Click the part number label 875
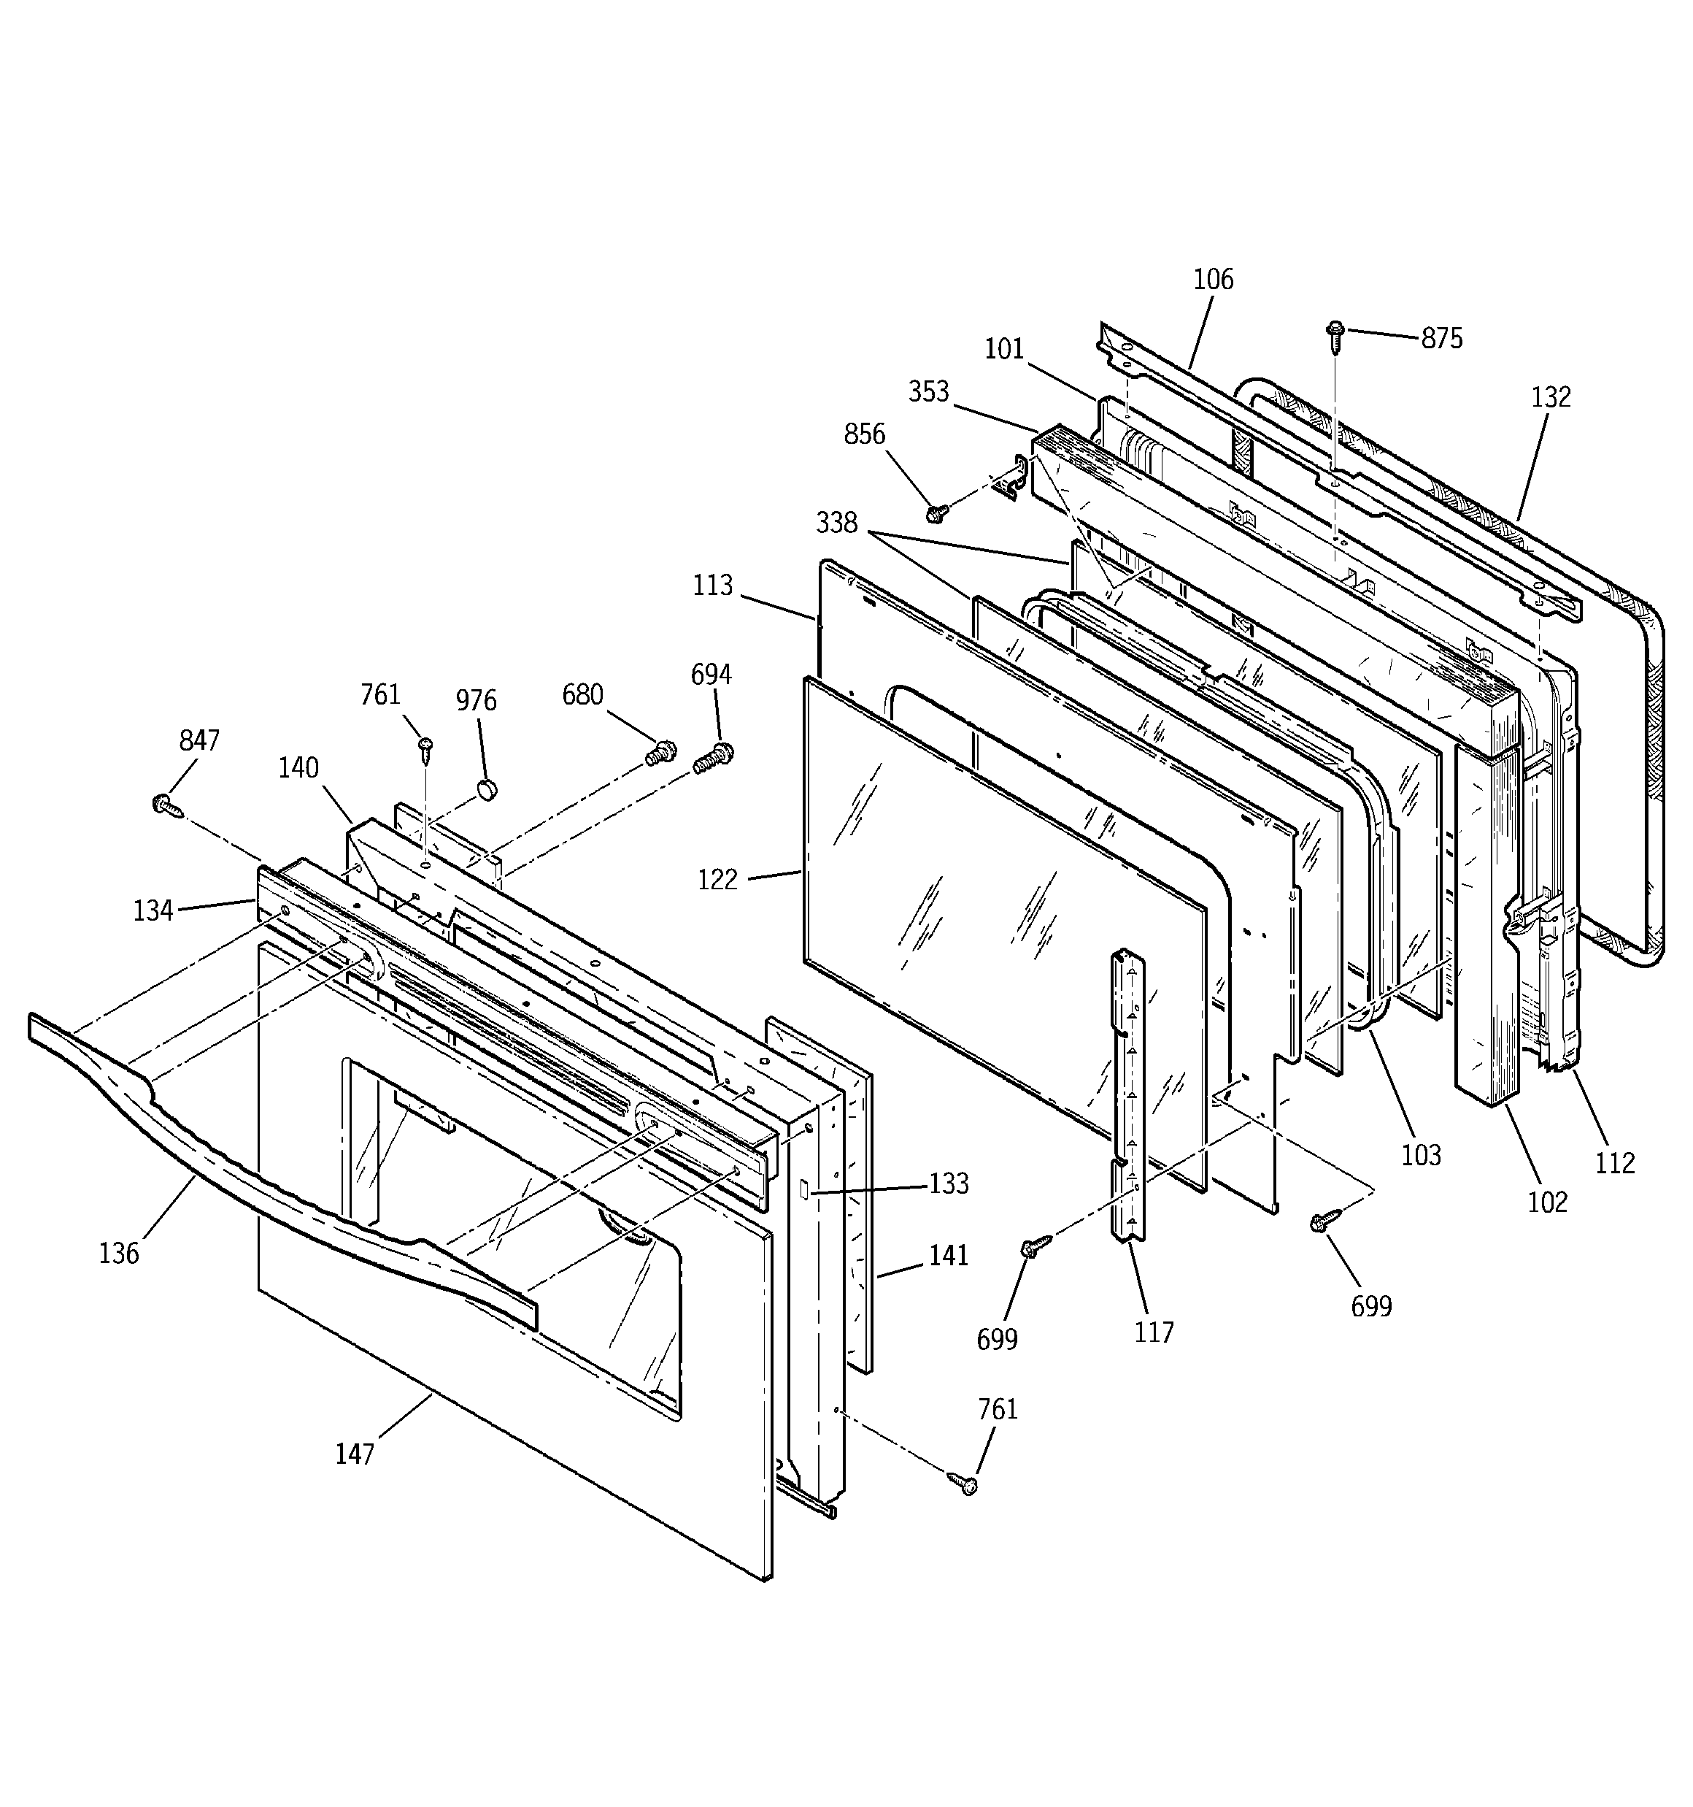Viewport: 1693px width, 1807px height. [1442, 339]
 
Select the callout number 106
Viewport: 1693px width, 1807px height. [1213, 279]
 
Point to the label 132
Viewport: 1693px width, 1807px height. [1550, 397]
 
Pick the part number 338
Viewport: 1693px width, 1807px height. [836, 523]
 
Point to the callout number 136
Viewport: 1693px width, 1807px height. [119, 1254]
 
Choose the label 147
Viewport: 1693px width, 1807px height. [355, 1454]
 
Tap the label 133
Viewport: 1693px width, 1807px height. [949, 1183]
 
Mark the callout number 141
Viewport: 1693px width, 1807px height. [949, 1255]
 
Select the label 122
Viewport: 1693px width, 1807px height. [718, 880]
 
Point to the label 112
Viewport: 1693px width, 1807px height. [1615, 1162]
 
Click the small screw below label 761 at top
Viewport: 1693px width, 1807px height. [425, 747]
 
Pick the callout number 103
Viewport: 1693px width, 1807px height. [1420, 1155]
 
